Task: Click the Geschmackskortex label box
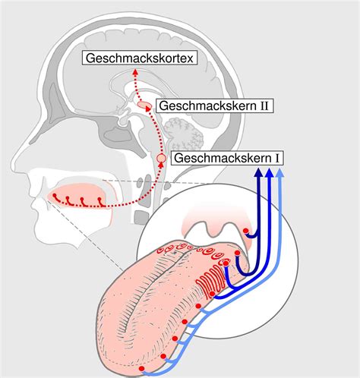pyautogui.click(x=140, y=58)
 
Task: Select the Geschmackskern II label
pyautogui.click(x=215, y=106)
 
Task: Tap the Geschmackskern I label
pyautogui.click(x=227, y=158)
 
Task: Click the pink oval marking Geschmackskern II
pyautogui.click(x=144, y=105)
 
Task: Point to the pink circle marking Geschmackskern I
pyautogui.click(x=162, y=158)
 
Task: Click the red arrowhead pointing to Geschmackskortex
pyautogui.click(x=135, y=71)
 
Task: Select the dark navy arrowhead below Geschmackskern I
pyautogui.click(x=258, y=173)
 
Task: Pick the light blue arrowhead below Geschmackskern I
pyautogui.click(x=279, y=173)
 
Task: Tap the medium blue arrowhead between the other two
pyautogui.click(x=270, y=173)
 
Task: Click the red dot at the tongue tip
pyautogui.click(x=141, y=368)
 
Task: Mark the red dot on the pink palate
pyautogui.click(x=245, y=231)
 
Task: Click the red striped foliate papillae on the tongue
pyautogui.click(x=210, y=282)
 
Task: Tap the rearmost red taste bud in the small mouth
pyautogui.click(x=100, y=202)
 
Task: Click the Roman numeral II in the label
pyautogui.click(x=264, y=106)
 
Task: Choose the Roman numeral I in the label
pyautogui.click(x=277, y=159)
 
